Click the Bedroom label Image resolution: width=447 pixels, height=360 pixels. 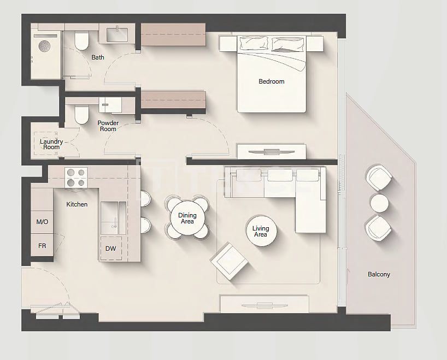click(271, 81)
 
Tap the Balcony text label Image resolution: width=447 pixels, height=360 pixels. click(379, 274)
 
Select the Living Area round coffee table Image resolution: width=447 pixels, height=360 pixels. click(261, 231)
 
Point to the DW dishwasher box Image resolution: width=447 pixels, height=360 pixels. click(110, 249)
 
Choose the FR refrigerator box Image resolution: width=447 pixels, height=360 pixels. click(42, 246)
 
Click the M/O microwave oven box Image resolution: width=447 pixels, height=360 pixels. click(42, 222)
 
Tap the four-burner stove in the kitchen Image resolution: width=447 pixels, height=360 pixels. click(75, 178)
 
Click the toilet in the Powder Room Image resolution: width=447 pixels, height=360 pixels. click(81, 114)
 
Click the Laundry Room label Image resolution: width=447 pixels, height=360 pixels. click(51, 144)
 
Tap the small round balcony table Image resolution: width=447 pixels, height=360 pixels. click(379, 203)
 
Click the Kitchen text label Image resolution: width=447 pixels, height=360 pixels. click(77, 204)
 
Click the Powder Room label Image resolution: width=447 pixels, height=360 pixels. click(108, 126)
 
